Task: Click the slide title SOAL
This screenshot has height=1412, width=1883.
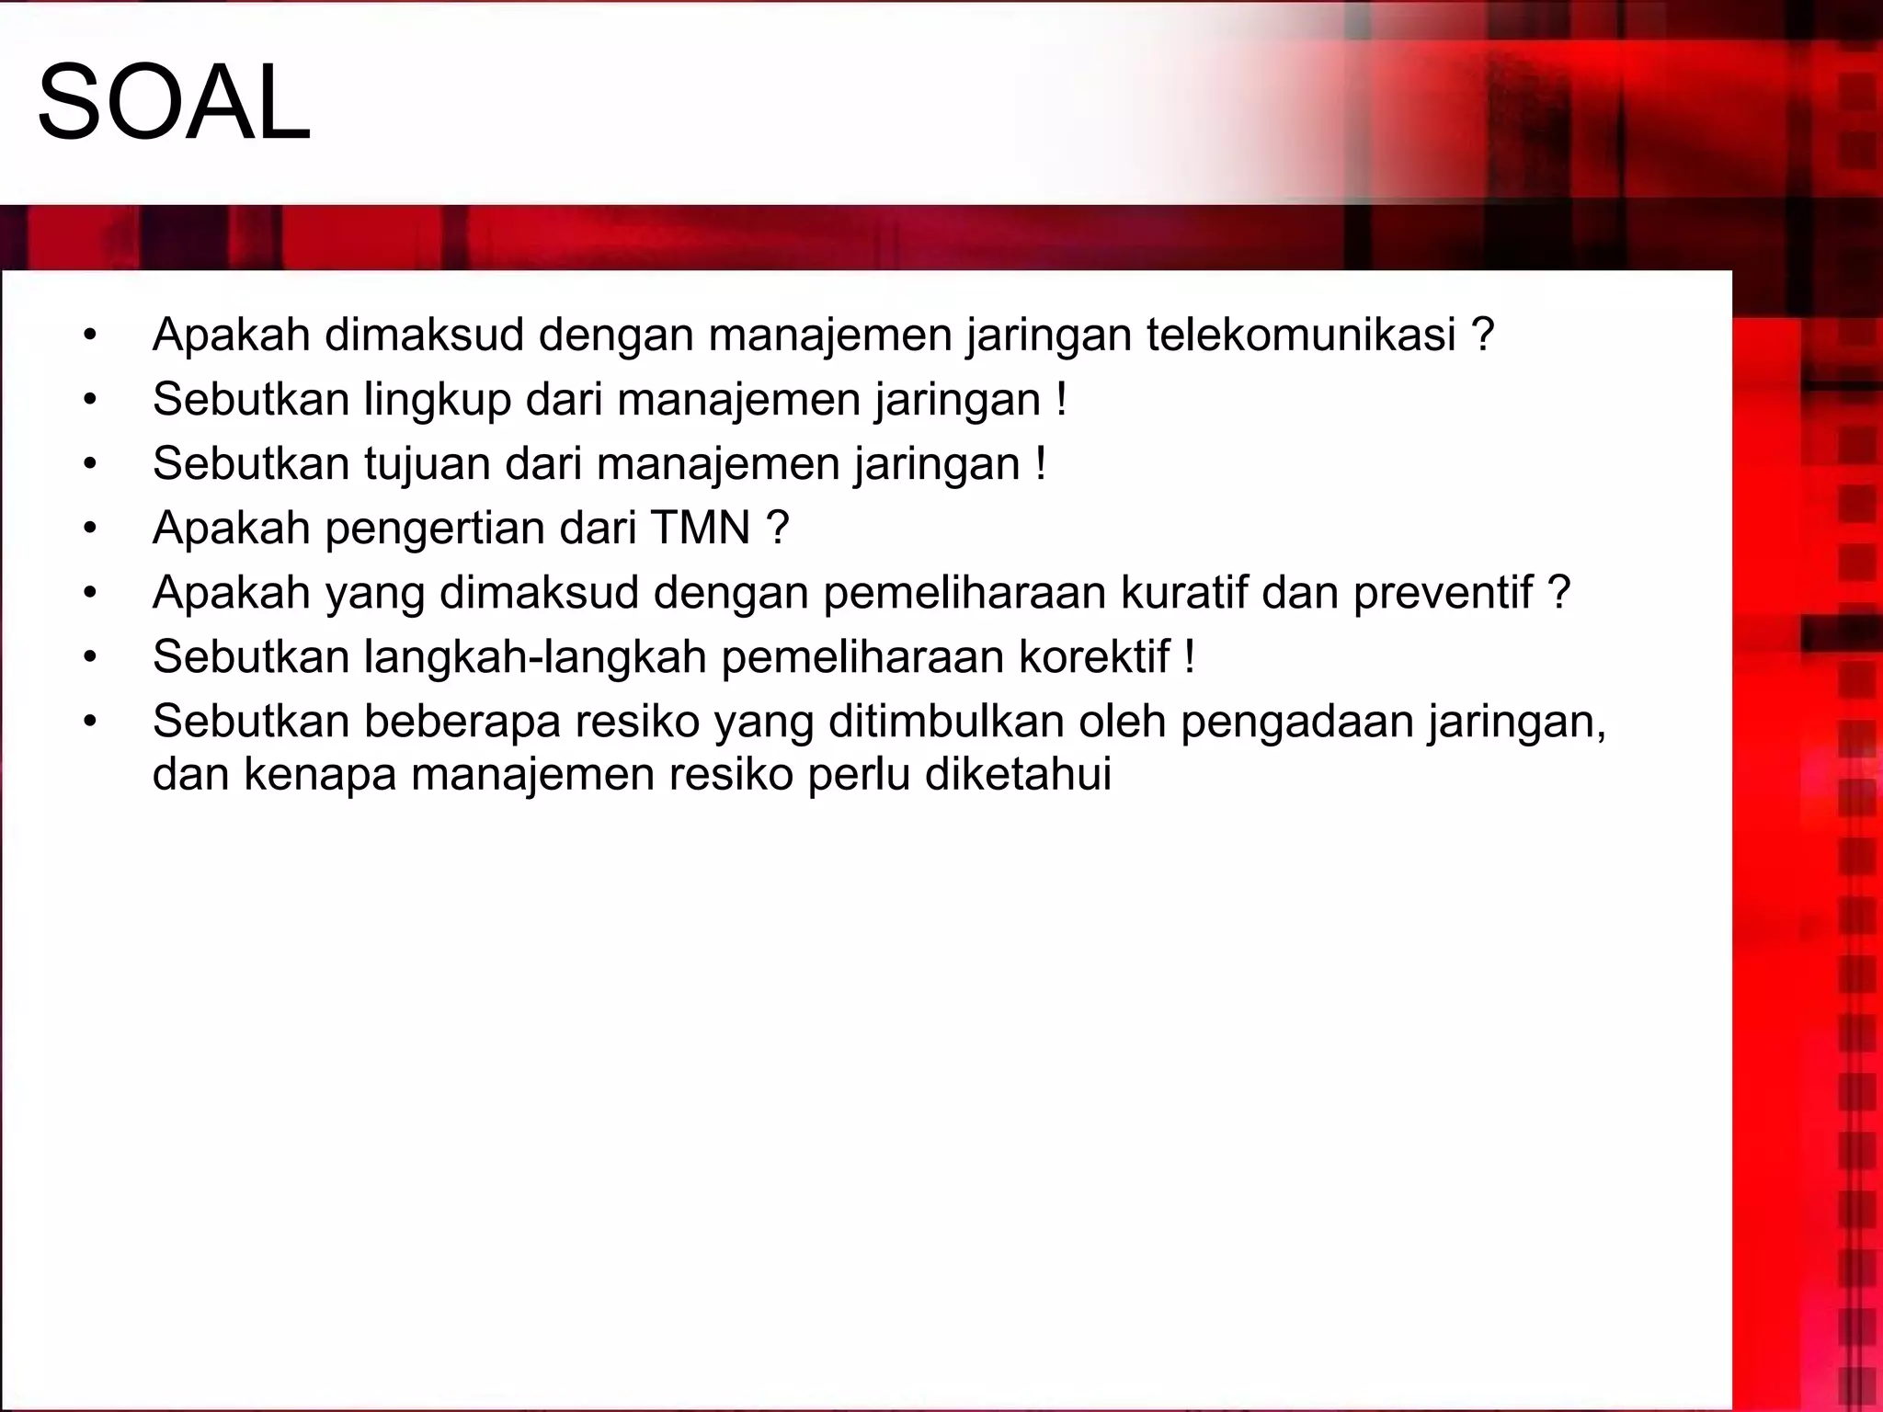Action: coord(174,104)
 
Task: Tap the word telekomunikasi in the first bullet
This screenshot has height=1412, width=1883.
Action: coord(1301,335)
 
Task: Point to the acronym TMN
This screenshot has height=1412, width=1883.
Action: coord(701,529)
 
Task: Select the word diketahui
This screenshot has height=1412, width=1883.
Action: coord(1018,774)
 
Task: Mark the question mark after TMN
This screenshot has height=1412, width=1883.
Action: coord(777,529)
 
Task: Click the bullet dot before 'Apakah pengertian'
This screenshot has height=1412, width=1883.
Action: coord(89,529)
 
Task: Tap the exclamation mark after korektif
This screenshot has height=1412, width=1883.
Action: coord(1190,657)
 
